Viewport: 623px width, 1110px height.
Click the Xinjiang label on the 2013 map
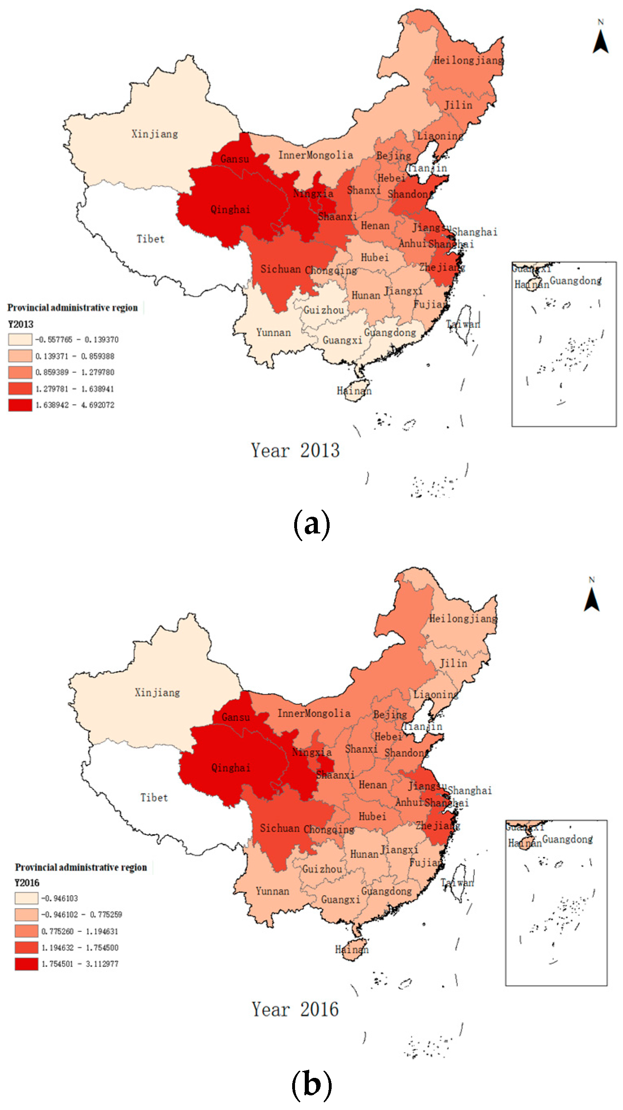click(x=154, y=134)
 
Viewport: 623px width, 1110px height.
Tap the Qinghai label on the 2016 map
click(x=230, y=767)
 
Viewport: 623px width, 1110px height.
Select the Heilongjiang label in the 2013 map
click(x=468, y=60)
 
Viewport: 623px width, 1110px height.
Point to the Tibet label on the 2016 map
click(x=154, y=798)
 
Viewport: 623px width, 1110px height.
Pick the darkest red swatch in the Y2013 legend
click(x=20, y=405)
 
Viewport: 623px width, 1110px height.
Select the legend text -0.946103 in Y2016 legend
click(x=59, y=898)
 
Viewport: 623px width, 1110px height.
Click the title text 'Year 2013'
click(x=295, y=450)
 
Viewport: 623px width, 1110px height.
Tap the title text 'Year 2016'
click(x=295, y=1009)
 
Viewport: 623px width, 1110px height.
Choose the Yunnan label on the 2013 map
click(x=273, y=333)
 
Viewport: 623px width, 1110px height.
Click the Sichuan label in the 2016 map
click(x=279, y=828)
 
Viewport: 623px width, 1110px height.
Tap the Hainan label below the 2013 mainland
click(x=354, y=391)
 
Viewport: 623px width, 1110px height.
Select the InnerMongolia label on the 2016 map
click(x=314, y=713)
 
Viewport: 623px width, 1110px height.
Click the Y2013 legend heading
click(x=20, y=324)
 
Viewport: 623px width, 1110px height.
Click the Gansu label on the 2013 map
click(x=234, y=159)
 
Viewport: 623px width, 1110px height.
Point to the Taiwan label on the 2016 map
click(x=457, y=883)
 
